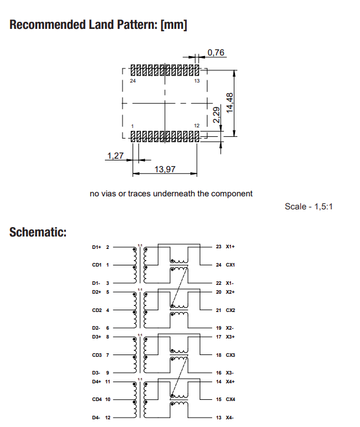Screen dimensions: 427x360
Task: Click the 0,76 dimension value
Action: [216, 53]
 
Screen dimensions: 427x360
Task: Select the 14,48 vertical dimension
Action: [230, 103]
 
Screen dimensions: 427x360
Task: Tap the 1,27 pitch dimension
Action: [115, 156]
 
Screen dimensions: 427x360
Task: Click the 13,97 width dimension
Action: [165, 169]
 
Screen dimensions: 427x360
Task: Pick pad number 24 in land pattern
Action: [133, 81]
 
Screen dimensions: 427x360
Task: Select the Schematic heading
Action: [38, 232]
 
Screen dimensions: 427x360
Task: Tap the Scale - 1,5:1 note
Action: [309, 206]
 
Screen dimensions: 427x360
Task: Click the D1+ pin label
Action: [97, 247]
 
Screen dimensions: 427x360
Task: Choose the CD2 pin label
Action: [97, 310]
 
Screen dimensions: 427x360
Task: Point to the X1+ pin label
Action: [230, 247]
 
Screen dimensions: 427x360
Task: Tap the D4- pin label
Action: [97, 418]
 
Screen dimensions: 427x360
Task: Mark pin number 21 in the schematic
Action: [218, 310]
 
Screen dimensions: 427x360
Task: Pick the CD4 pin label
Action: [97, 400]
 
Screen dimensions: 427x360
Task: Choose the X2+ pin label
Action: [230, 292]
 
